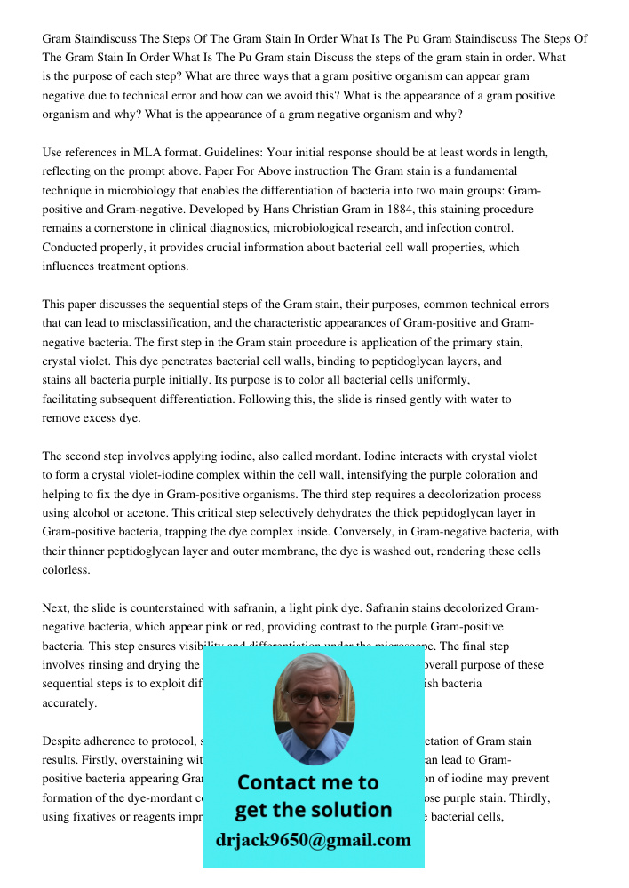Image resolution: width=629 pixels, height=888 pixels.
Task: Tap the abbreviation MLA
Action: click(x=147, y=153)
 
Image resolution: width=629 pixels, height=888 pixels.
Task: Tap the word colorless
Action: click(x=66, y=569)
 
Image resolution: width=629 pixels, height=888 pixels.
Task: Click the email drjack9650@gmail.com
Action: click(x=314, y=840)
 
